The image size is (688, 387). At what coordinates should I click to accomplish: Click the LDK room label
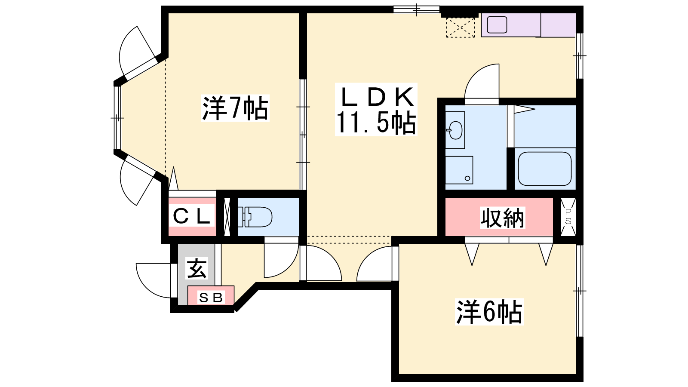[x=376, y=97]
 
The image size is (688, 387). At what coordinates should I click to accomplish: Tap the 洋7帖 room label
[x=235, y=108]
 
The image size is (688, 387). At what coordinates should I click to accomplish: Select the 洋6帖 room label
[x=489, y=312]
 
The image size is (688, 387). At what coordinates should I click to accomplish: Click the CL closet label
[x=191, y=217]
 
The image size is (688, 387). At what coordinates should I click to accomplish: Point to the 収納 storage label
[x=502, y=218]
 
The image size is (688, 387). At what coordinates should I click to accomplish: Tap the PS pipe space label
[x=568, y=217]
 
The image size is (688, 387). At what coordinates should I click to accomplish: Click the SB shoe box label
[x=211, y=297]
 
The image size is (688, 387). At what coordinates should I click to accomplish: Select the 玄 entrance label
[x=197, y=268]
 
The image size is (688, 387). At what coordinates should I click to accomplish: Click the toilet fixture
[x=255, y=217]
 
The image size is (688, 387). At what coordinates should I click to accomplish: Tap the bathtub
[x=544, y=169]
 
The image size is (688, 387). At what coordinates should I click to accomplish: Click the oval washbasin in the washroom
[x=455, y=130]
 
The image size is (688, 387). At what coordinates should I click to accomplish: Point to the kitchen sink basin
[x=497, y=25]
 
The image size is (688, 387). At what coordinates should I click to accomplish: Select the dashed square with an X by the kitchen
[x=461, y=28]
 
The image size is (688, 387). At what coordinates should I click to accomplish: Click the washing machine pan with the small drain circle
[x=459, y=170]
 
